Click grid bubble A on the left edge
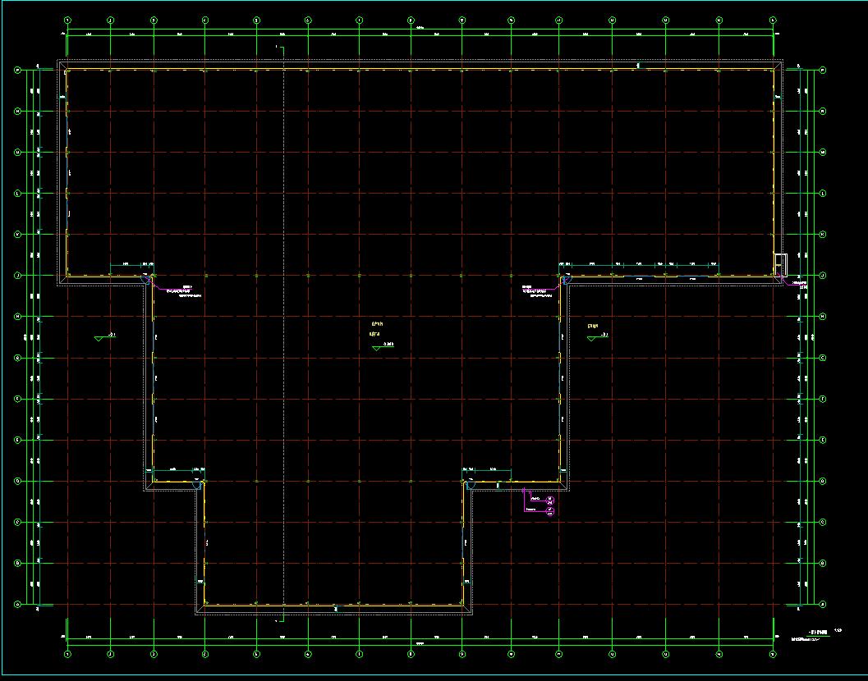click(18, 605)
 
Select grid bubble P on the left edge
click(18, 71)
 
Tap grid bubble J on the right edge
click(823, 275)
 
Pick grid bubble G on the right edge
click(823, 358)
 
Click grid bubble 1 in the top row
click(68, 20)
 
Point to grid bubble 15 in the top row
click(773, 20)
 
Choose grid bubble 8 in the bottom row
click(411, 653)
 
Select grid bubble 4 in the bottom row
click(205, 653)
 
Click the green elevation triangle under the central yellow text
click(376, 348)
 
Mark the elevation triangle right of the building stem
click(591, 337)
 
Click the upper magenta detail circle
click(551, 500)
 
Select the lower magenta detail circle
click(551, 512)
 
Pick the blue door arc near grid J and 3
click(149, 280)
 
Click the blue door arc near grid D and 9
click(471, 486)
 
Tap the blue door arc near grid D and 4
click(197, 486)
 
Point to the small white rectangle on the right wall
click(780, 263)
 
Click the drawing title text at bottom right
click(818, 631)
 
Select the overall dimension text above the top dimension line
click(420, 30)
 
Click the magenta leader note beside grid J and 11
click(535, 290)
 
